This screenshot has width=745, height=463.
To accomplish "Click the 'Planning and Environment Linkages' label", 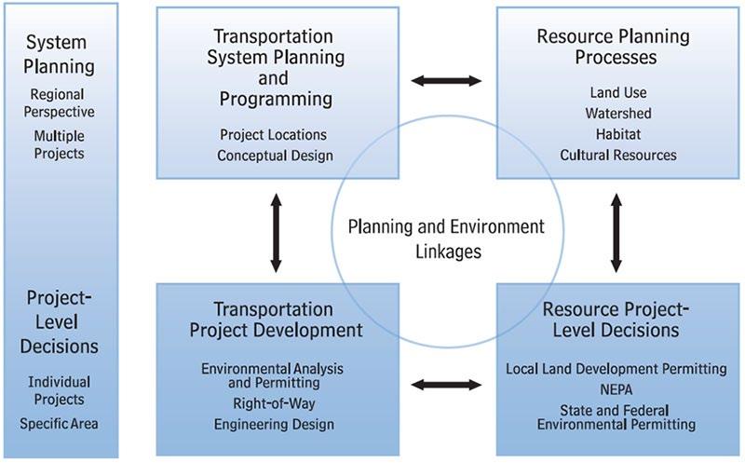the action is (x=445, y=238).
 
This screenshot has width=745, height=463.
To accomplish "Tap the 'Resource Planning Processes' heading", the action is (x=613, y=47).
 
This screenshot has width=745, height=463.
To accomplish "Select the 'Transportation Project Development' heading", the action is (x=276, y=319).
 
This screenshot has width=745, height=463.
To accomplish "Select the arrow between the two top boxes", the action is (x=447, y=80).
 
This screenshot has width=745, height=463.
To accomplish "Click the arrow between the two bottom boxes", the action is (x=447, y=383).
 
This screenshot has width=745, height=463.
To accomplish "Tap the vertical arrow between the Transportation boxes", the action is (x=276, y=232).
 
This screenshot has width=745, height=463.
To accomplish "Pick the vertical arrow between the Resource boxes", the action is (x=615, y=232).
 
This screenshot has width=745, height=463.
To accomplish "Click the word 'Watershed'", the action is (x=618, y=114).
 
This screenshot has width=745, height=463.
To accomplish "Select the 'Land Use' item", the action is (x=618, y=93).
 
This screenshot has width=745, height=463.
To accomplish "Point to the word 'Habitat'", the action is (x=618, y=134).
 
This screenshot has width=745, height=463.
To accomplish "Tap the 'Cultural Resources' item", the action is (x=618, y=155).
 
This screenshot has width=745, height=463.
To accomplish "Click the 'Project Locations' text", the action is (x=275, y=134).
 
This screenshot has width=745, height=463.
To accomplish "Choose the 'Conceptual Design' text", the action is (x=275, y=155).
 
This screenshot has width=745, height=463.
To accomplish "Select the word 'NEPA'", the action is (x=615, y=389).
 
